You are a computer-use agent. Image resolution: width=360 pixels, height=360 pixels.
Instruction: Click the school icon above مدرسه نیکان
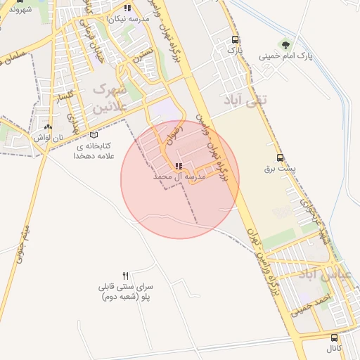pyautogui.click(x=127, y=8)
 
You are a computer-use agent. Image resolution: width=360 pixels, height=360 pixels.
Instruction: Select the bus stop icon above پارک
pyautogui.click(x=235, y=40)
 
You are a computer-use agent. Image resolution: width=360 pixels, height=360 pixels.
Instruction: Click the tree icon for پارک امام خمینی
pyautogui.click(x=285, y=44)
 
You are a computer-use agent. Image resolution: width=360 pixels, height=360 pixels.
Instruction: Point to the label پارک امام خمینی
pyautogui.click(x=285, y=56)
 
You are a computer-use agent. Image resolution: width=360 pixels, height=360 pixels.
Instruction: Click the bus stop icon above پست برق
pyautogui.click(x=281, y=158)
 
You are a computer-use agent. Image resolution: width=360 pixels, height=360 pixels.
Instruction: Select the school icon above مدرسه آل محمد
pyautogui.click(x=177, y=167)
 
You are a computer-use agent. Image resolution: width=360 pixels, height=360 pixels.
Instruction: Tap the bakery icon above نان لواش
pyautogui.click(x=48, y=127)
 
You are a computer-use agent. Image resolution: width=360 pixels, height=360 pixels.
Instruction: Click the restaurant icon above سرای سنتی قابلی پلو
pyautogui.click(x=126, y=275)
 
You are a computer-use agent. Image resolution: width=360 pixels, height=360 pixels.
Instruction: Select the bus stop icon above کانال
pyautogui.click(x=333, y=338)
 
